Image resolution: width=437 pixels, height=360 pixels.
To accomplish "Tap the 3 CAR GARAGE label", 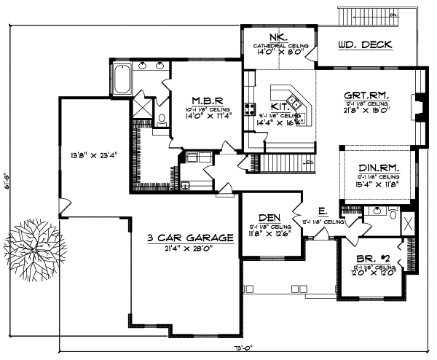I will tap(189, 238).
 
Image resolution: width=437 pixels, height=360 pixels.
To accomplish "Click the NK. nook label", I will tap(280, 36).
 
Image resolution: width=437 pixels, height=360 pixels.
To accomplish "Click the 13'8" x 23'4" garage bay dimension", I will tap(94, 155).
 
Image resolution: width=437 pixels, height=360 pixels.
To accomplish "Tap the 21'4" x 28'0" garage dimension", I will tap(189, 249).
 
